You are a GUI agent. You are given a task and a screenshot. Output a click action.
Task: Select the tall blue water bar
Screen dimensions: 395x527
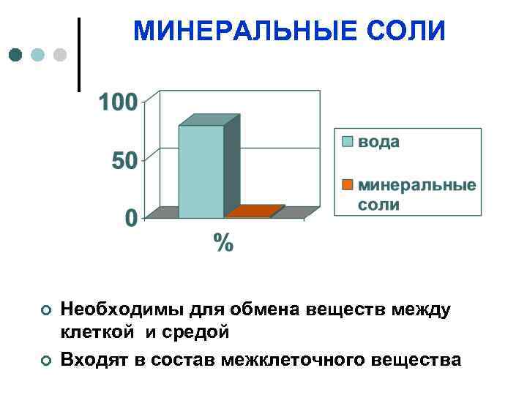pos(201,172)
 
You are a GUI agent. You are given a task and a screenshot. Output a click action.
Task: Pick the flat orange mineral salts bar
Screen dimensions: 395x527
pos(253,212)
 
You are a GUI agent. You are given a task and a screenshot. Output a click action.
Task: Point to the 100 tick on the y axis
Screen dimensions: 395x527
pos(118,101)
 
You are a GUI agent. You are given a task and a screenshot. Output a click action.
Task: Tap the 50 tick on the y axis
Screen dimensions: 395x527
pos(124,160)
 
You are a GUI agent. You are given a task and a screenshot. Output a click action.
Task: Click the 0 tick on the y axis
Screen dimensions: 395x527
pos(130,218)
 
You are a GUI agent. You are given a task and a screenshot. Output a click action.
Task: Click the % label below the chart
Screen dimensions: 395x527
pos(223,242)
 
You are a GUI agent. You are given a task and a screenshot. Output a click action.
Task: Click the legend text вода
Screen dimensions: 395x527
pos(378,142)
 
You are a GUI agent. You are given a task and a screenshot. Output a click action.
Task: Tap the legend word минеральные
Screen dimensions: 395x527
pos(416,184)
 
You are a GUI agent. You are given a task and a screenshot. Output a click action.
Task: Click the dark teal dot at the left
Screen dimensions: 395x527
pos(16,55)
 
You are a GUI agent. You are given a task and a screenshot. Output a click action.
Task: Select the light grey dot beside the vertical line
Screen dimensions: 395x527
pos(61,55)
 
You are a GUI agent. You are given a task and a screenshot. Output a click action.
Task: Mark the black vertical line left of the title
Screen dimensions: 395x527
pos(78,55)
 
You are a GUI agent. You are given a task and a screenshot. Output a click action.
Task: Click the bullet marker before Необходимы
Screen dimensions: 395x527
pos(45,312)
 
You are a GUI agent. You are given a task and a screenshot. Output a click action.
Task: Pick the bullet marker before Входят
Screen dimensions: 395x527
pos(45,360)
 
